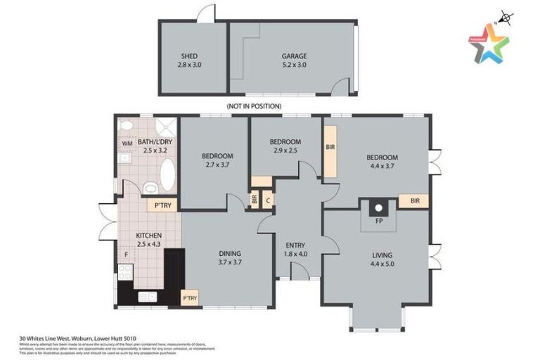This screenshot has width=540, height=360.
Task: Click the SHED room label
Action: [189, 56]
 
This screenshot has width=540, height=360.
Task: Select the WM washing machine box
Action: [127, 143]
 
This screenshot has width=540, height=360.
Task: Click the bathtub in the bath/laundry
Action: [167, 173]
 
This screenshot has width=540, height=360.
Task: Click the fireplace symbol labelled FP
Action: [378, 208]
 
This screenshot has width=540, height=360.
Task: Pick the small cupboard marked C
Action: [268, 200]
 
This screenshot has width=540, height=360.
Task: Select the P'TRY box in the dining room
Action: [189, 299]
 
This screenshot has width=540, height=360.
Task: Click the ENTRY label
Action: [295, 245]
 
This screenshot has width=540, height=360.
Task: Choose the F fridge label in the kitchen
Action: [126, 254]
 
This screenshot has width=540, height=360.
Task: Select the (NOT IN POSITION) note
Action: [254, 106]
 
